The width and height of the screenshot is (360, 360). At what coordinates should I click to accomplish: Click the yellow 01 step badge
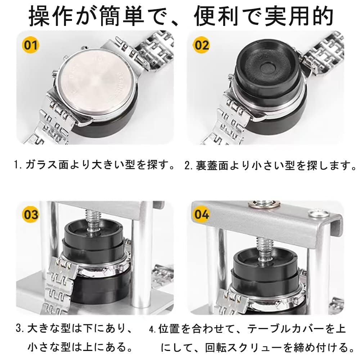pos(31,45)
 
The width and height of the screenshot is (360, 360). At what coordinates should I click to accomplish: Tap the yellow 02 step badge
pos(201,45)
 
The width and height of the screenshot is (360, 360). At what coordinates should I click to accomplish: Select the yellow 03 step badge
pos(31,214)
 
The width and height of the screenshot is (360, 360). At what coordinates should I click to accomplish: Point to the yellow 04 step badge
pos(201,214)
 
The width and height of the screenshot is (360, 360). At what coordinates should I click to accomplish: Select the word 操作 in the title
pos(51,16)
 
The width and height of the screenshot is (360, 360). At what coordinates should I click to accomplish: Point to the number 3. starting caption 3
pos(20,328)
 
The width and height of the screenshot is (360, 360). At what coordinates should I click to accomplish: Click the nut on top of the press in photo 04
pos(265,203)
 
